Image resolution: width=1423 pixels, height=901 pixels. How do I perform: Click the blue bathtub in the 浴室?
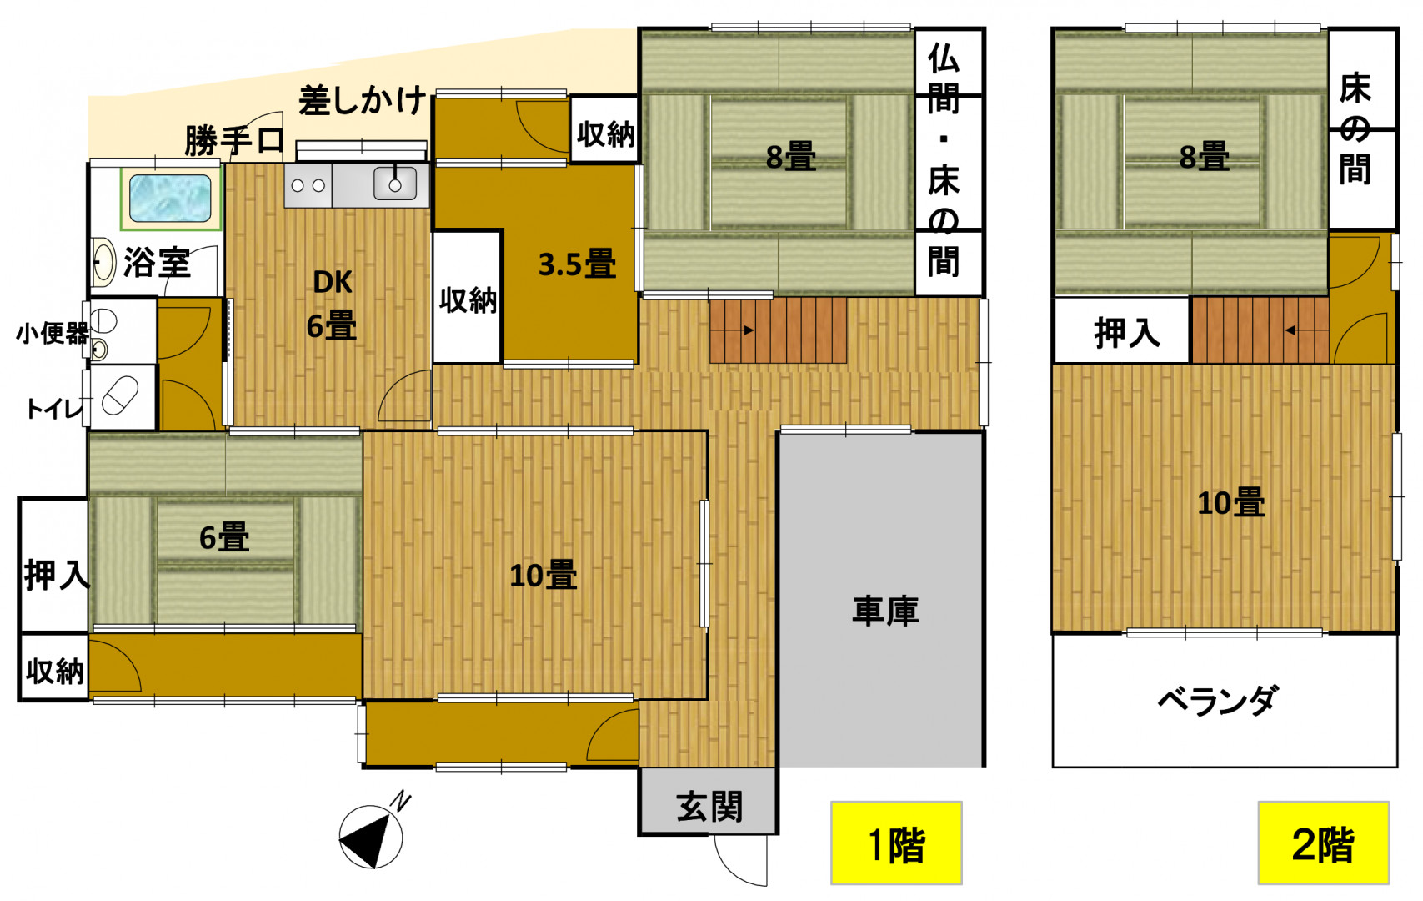170,198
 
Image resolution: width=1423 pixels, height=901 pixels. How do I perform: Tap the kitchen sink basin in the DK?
395,184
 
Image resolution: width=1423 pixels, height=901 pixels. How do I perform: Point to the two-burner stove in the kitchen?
308,186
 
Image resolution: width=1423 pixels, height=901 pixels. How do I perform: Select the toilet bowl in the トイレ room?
120,395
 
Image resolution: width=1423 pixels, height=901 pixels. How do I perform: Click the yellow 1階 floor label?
896,843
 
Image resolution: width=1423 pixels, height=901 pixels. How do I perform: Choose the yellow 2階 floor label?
1323,843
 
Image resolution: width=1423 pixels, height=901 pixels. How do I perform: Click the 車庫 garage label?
885,611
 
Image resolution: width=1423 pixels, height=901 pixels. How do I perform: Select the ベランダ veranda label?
1216,701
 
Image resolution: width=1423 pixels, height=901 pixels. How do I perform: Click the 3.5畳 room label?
577,264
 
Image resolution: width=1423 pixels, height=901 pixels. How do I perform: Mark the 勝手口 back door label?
233,140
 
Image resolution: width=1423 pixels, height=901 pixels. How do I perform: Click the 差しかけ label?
362,100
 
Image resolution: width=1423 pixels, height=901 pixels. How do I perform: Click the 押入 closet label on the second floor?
1127,333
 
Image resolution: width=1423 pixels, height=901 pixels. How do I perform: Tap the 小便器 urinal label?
52,333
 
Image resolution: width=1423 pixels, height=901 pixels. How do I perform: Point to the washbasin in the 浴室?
103,261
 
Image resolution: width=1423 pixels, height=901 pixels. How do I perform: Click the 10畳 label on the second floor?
1231,503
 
